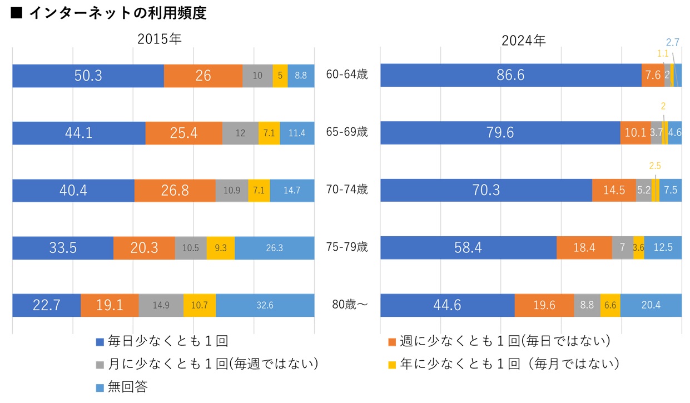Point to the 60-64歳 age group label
point(347,75)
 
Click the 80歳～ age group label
point(347,305)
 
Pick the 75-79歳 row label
point(347,247)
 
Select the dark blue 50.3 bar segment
point(88,76)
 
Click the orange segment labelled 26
point(203,76)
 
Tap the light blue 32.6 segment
point(265,305)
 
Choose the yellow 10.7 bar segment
point(199,305)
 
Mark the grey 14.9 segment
point(161,305)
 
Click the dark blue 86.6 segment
point(510,75)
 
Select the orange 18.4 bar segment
point(584,247)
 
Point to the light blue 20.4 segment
point(651,305)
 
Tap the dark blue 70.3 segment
point(486,190)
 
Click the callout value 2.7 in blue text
point(672,42)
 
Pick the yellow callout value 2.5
point(655,166)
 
